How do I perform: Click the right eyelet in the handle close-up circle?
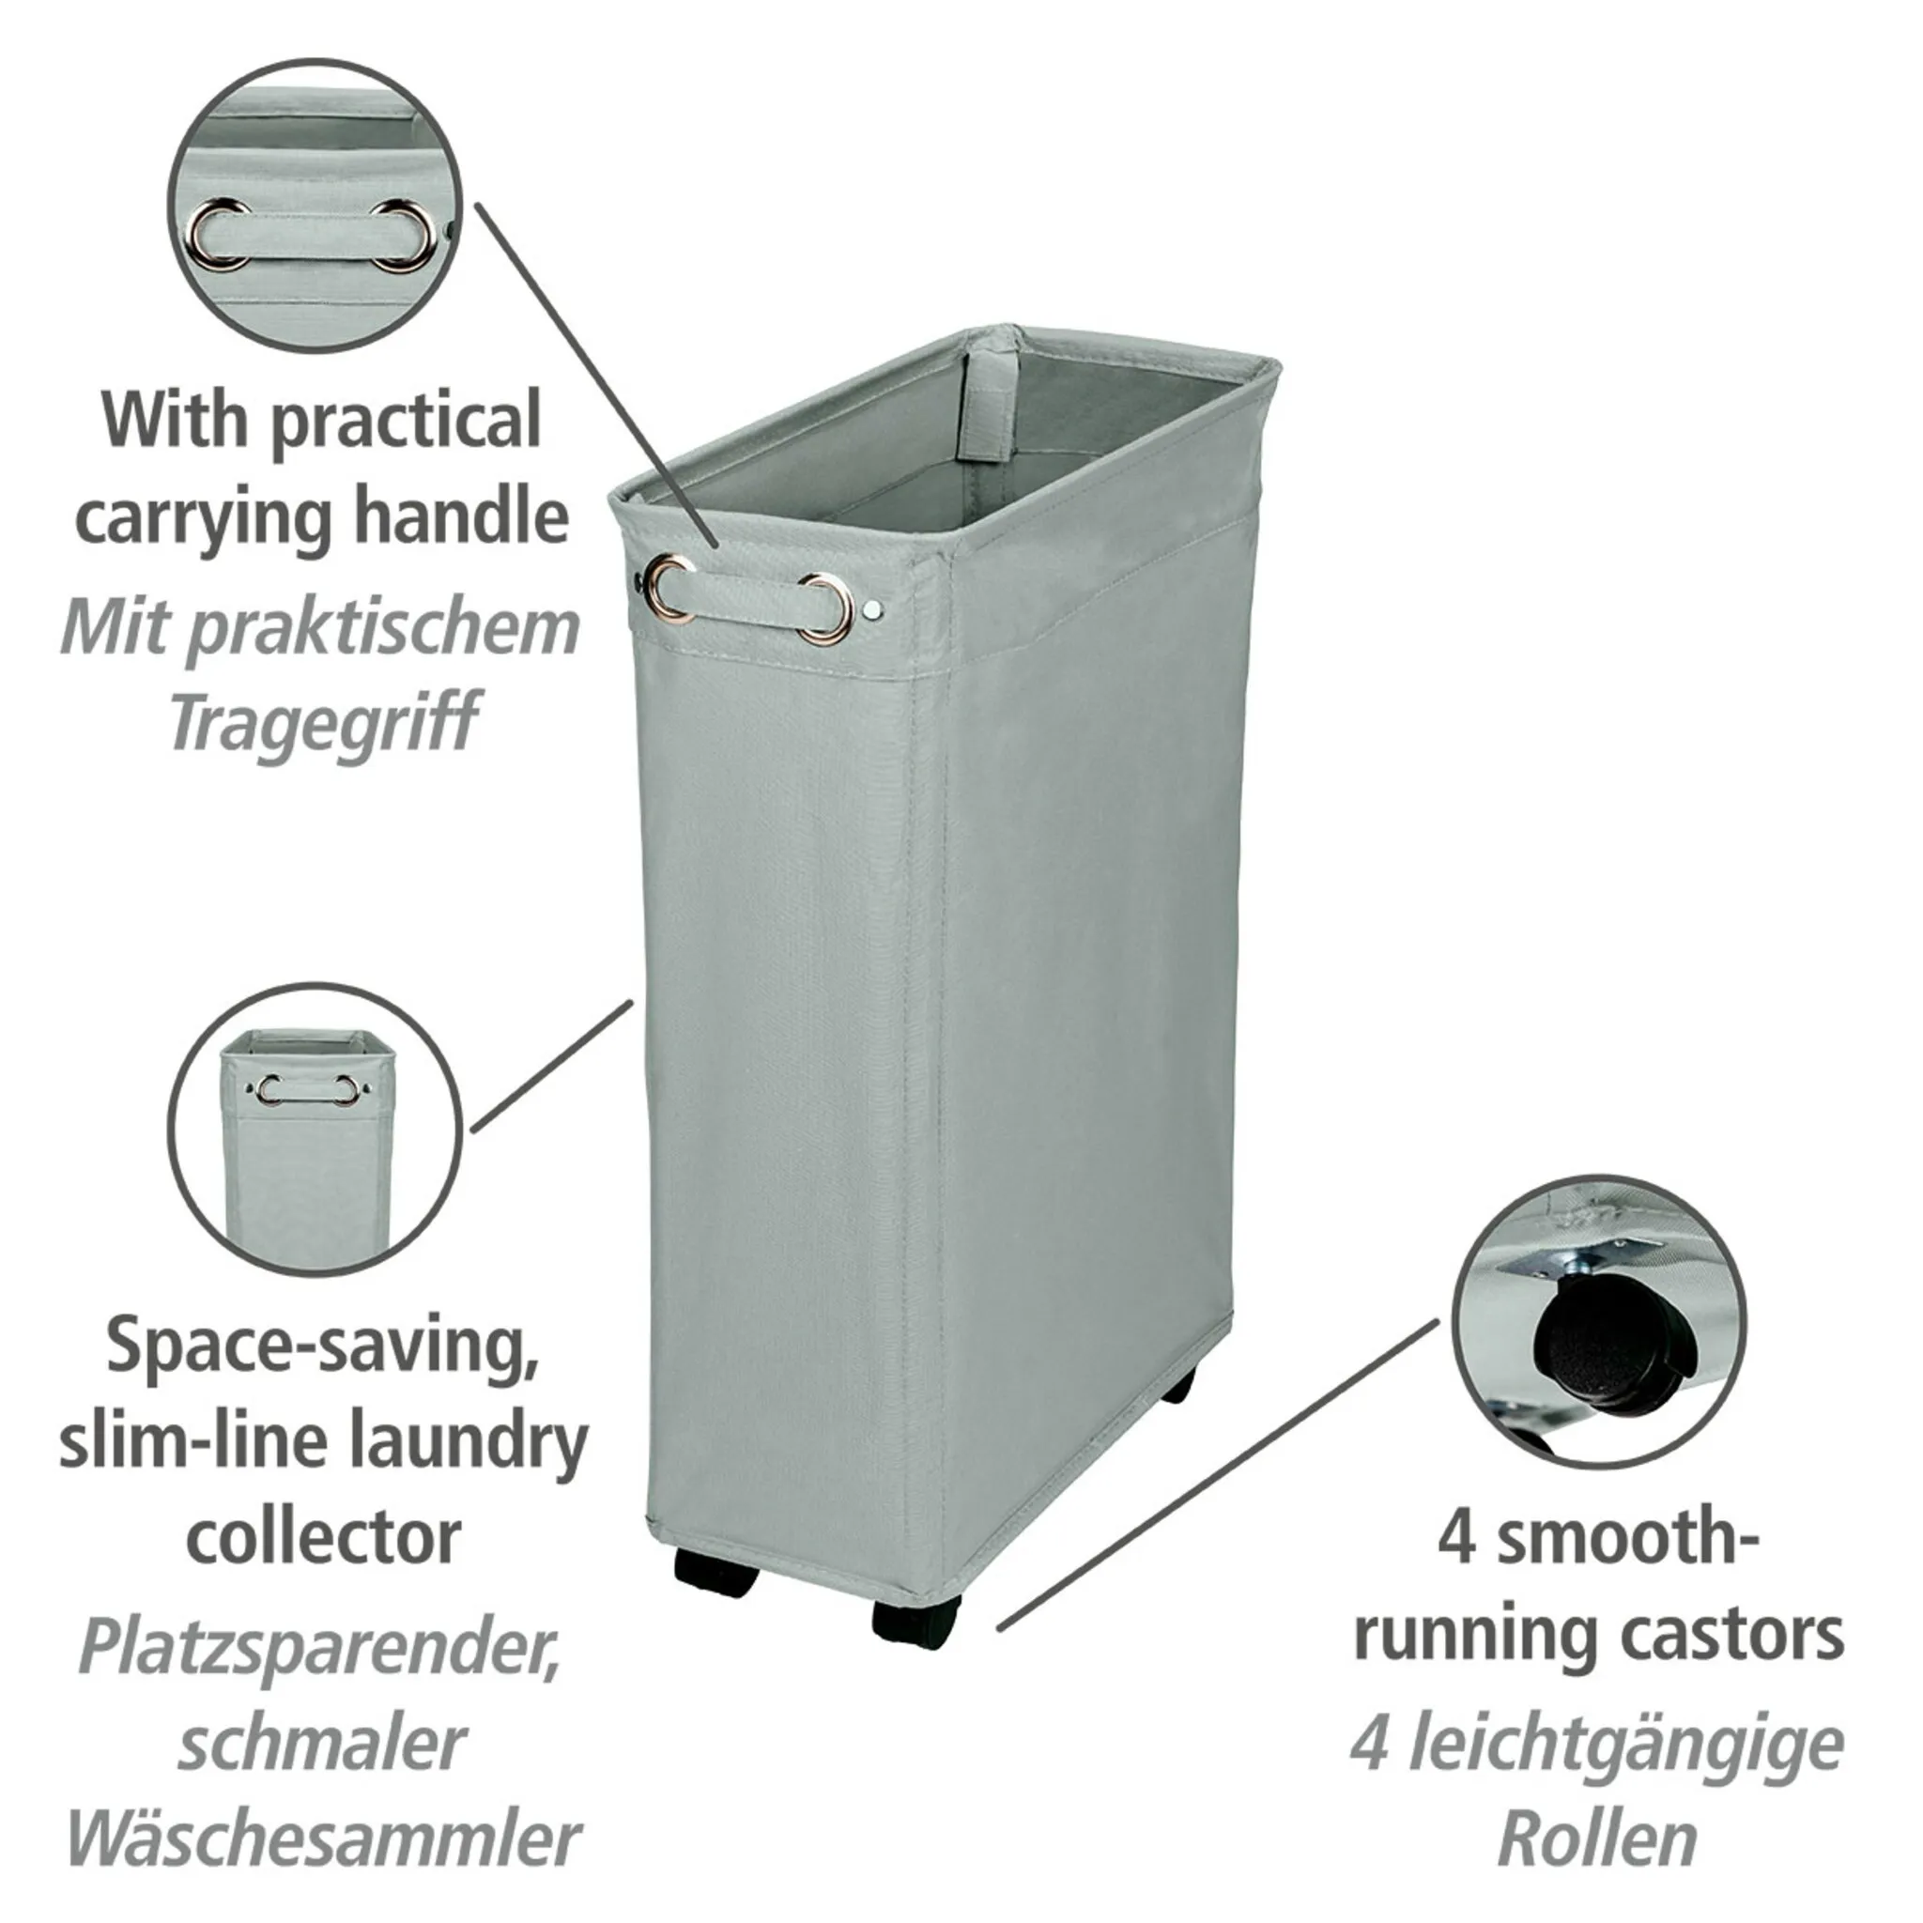click(404, 234)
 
